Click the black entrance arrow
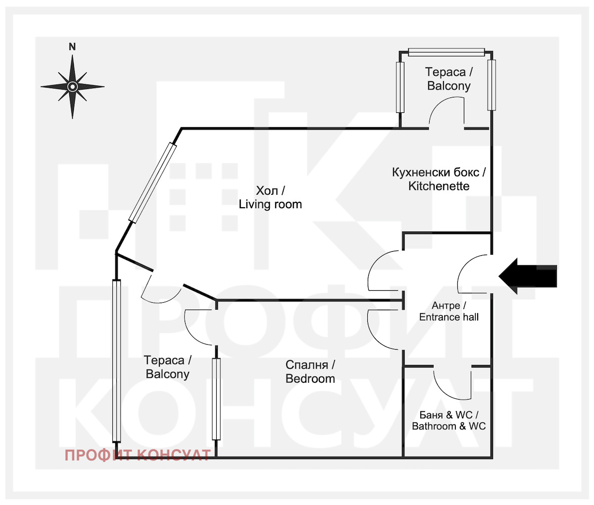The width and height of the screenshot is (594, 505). point(528,276)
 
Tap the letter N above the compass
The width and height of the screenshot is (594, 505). point(72,47)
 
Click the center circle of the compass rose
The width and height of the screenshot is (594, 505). point(72,87)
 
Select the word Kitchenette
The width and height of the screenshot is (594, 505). point(439,186)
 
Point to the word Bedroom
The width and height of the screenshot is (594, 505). point(310,379)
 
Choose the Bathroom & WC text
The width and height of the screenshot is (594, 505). point(448,426)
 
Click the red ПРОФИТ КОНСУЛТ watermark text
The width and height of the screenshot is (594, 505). point(138,456)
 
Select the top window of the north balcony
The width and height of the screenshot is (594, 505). point(446,52)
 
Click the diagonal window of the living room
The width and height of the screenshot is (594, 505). point(152,183)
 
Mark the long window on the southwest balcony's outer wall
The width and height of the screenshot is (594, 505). point(116,361)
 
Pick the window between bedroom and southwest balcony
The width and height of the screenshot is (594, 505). point(216,399)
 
